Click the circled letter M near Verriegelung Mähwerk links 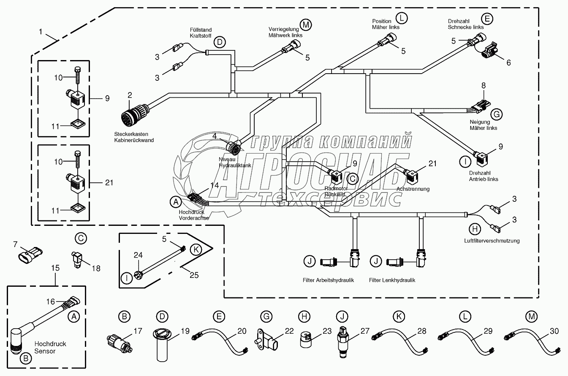pos(305,25)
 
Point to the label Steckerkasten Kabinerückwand pos(133,137)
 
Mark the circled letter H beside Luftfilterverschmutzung pos(475,229)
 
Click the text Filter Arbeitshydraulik pos(328,280)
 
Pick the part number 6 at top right pos(508,63)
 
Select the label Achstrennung pos(413,189)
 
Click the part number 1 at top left pos(41,31)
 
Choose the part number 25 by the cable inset pos(193,275)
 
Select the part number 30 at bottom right pos(553,332)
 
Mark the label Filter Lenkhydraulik pos(392,280)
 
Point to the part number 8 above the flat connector pos(484,85)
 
